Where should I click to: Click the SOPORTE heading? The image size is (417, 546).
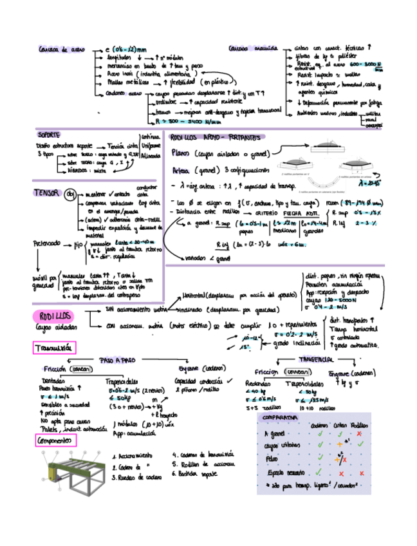tap(49, 135)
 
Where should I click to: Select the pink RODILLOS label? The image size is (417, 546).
tap(53, 315)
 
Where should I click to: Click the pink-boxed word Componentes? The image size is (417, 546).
tap(55, 440)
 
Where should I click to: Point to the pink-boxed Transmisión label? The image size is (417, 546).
tap(54, 348)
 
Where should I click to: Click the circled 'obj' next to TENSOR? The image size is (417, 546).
tap(71, 193)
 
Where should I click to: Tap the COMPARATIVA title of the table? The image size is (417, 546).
tap(279, 418)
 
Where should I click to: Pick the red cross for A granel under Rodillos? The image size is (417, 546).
tap(359, 433)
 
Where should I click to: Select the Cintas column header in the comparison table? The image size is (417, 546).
tap(340, 425)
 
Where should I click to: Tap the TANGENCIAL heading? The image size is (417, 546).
tap(315, 359)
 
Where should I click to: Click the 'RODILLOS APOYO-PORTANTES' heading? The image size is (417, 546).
tap(214, 137)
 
